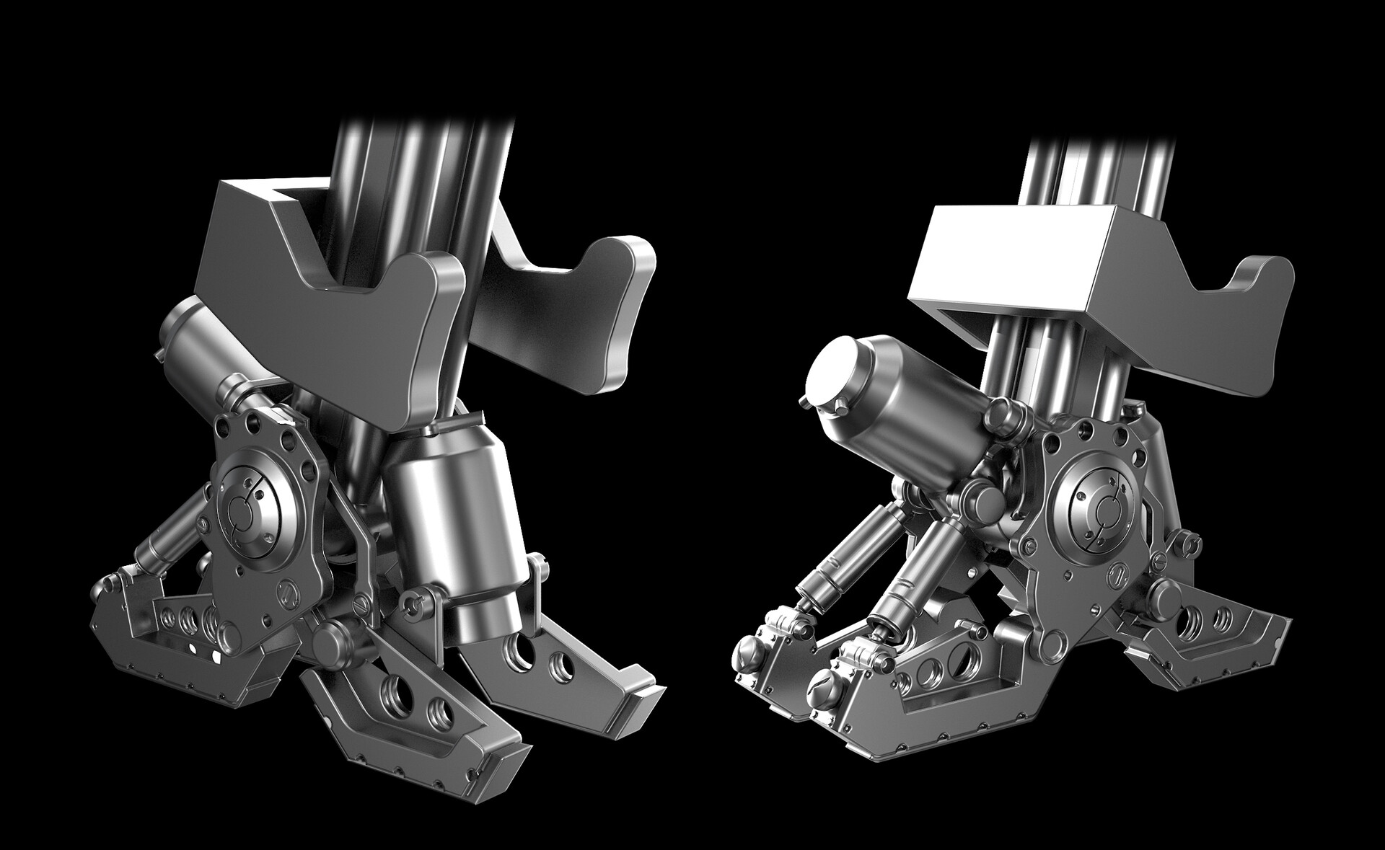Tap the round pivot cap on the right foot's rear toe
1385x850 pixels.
click(x=1162, y=591)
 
